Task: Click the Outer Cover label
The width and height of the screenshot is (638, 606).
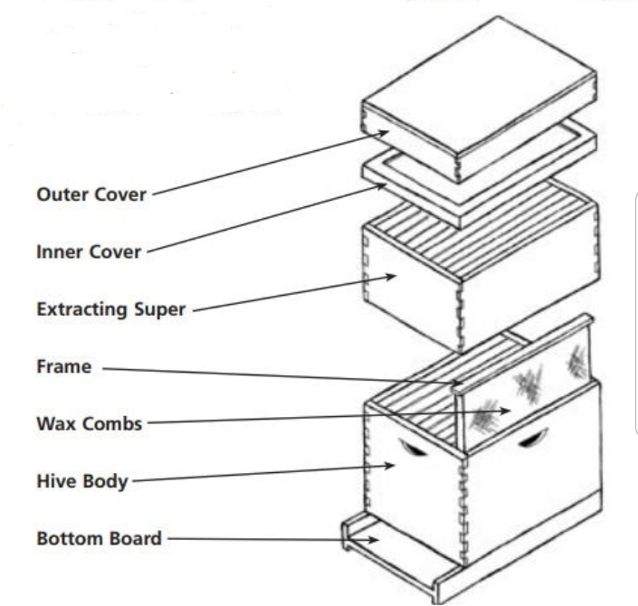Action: (x=90, y=194)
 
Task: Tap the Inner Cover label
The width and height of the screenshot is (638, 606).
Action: (x=89, y=251)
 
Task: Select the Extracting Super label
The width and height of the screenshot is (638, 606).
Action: (x=110, y=309)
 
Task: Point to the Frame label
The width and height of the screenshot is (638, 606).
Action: (x=63, y=368)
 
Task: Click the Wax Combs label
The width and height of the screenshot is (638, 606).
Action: (x=89, y=422)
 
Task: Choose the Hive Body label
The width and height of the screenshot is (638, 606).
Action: (x=81, y=481)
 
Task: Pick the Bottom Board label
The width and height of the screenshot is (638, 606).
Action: (x=99, y=539)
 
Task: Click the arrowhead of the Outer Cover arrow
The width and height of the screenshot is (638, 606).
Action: (x=388, y=132)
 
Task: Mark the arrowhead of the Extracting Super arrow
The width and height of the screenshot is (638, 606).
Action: (x=393, y=277)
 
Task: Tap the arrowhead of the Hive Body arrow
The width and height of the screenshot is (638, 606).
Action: (x=392, y=466)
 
